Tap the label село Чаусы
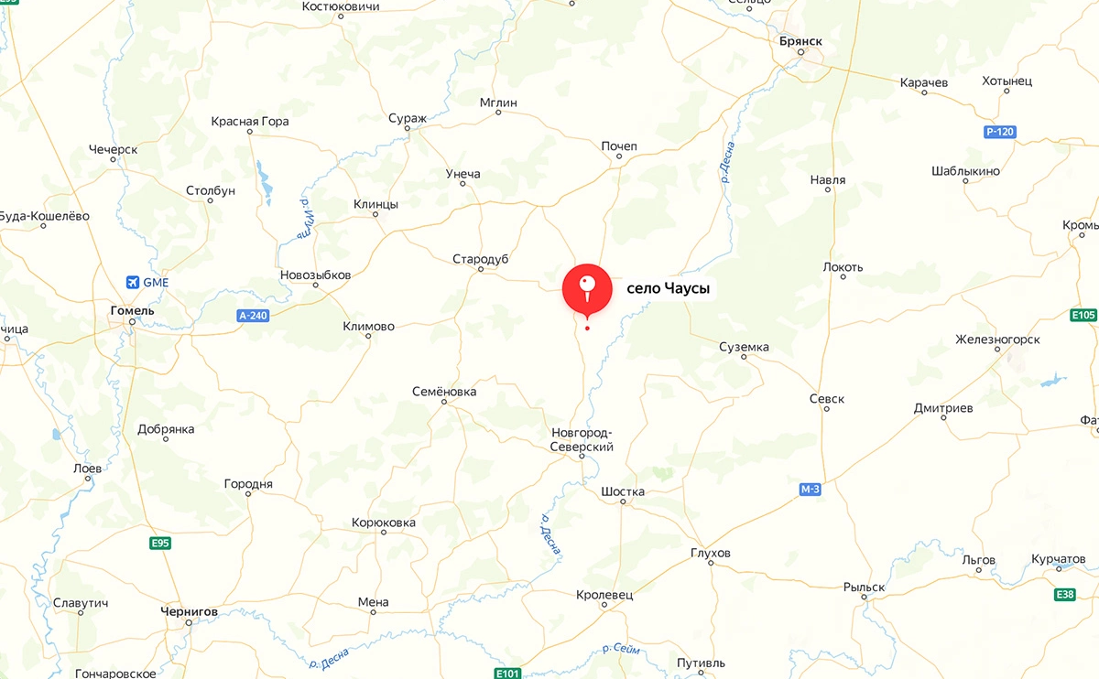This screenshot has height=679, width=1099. [669, 288]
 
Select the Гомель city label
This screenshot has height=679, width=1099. [132, 310]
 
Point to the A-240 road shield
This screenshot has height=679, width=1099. [252, 316]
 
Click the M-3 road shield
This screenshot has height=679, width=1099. [811, 490]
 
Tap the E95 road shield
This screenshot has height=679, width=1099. [161, 544]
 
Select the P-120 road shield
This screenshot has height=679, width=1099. [1000, 132]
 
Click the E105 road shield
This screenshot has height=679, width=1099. [1083, 316]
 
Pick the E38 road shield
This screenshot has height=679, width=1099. [1065, 594]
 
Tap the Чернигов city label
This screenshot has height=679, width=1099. [189, 611]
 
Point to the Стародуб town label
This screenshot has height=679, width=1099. [480, 259]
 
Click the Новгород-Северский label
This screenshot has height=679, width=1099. [582, 439]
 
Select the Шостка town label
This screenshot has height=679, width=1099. [623, 491]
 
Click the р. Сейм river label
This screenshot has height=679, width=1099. [622, 648]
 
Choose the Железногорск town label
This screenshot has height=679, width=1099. [997, 339]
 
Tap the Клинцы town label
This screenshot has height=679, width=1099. [375, 204]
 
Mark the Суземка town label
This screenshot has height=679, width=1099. [744, 347]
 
